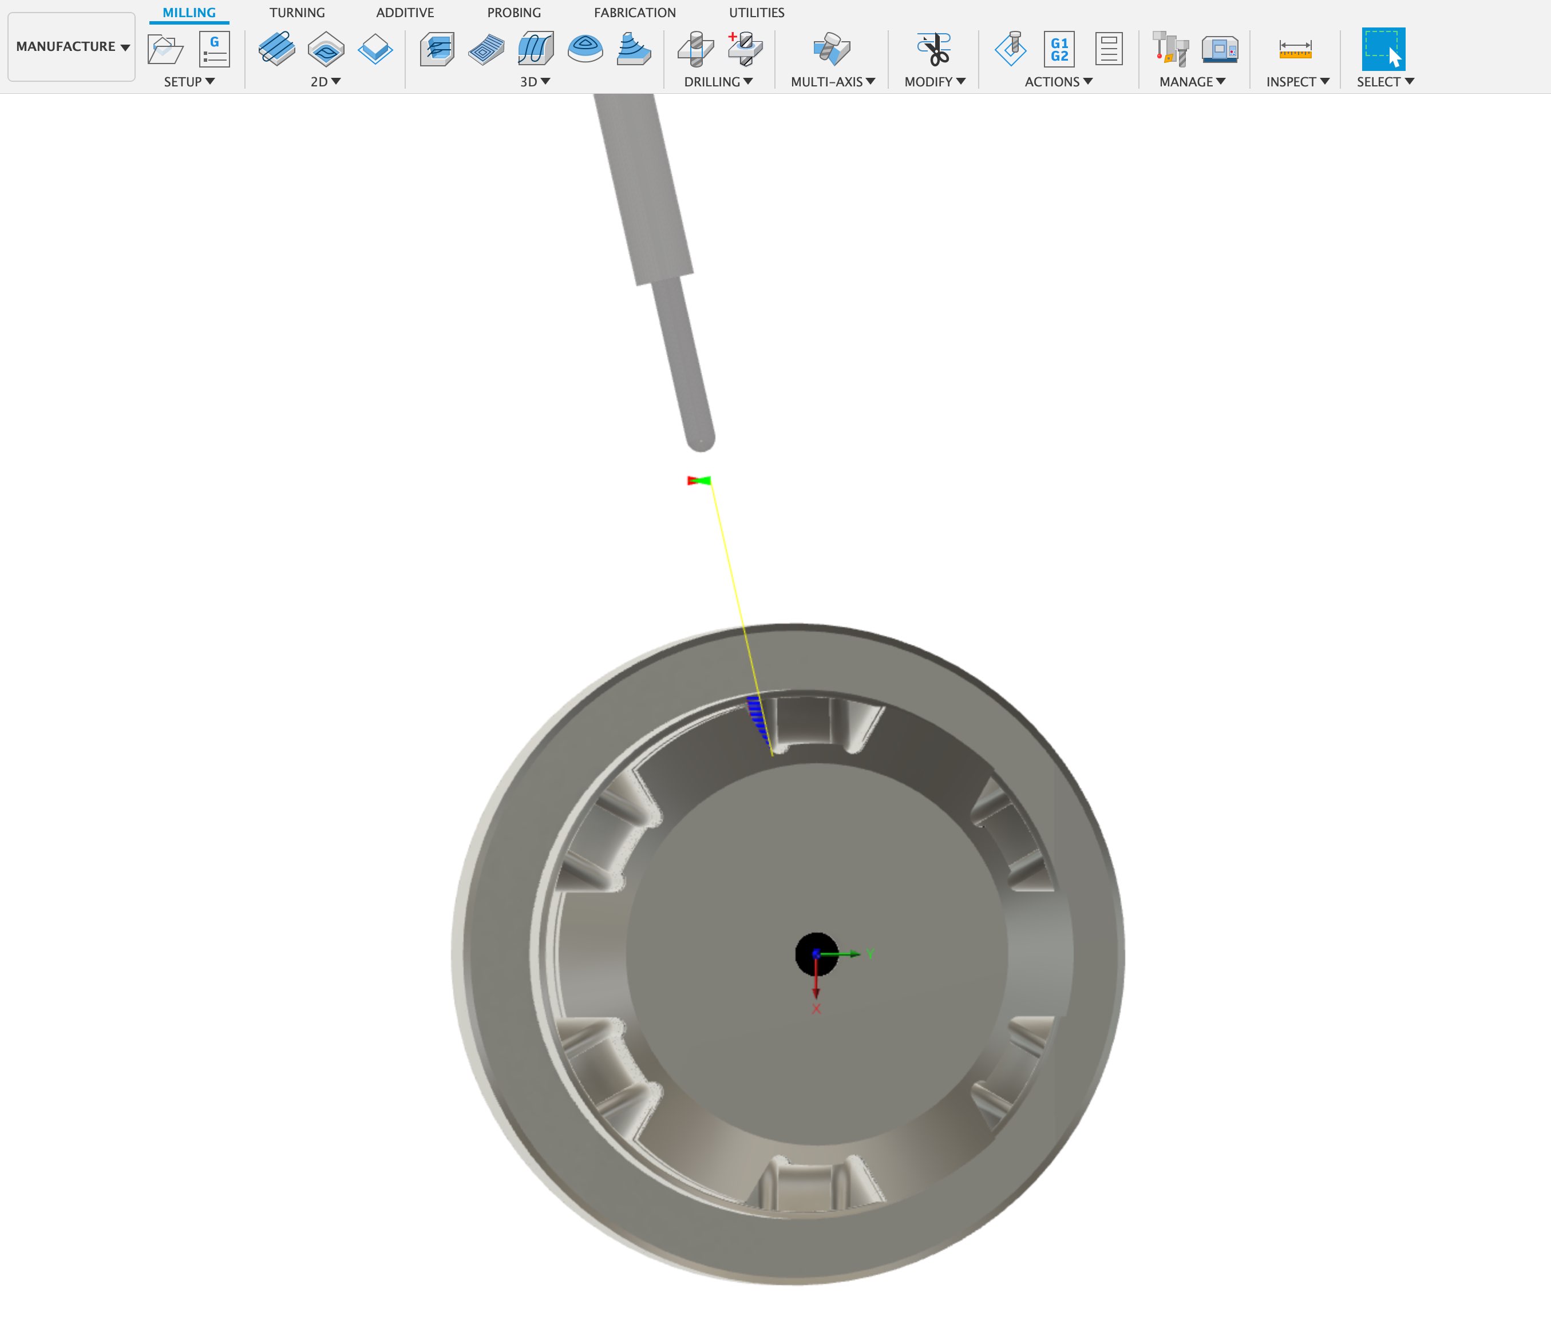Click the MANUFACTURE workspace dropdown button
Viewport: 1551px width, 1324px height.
(x=71, y=46)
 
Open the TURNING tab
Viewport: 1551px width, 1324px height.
(x=297, y=13)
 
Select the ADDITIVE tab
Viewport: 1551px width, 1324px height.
(x=405, y=13)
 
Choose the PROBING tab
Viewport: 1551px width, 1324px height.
(x=513, y=13)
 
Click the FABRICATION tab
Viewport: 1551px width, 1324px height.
(x=635, y=13)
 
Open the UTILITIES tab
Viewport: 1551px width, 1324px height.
(x=756, y=13)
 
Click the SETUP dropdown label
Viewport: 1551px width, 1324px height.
(x=189, y=82)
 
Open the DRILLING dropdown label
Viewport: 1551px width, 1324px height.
(x=718, y=82)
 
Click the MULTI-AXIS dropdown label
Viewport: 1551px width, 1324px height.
(x=832, y=82)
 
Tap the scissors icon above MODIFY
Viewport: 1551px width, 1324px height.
(x=934, y=49)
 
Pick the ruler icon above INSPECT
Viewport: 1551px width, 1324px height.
(x=1295, y=49)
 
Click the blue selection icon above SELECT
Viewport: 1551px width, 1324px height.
(x=1383, y=49)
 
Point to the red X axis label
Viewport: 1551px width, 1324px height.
(x=816, y=1009)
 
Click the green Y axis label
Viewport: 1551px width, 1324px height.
(x=870, y=953)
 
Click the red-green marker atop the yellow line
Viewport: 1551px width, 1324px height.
(x=698, y=481)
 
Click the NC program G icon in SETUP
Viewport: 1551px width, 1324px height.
(x=214, y=49)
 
